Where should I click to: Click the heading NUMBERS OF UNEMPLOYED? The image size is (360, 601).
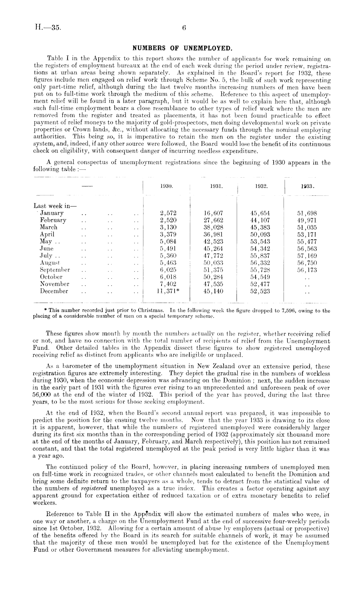(183, 49)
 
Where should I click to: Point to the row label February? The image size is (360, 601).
(53, 220)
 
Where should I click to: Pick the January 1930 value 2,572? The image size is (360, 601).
(168, 213)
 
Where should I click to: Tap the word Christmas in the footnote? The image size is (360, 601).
(152, 311)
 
